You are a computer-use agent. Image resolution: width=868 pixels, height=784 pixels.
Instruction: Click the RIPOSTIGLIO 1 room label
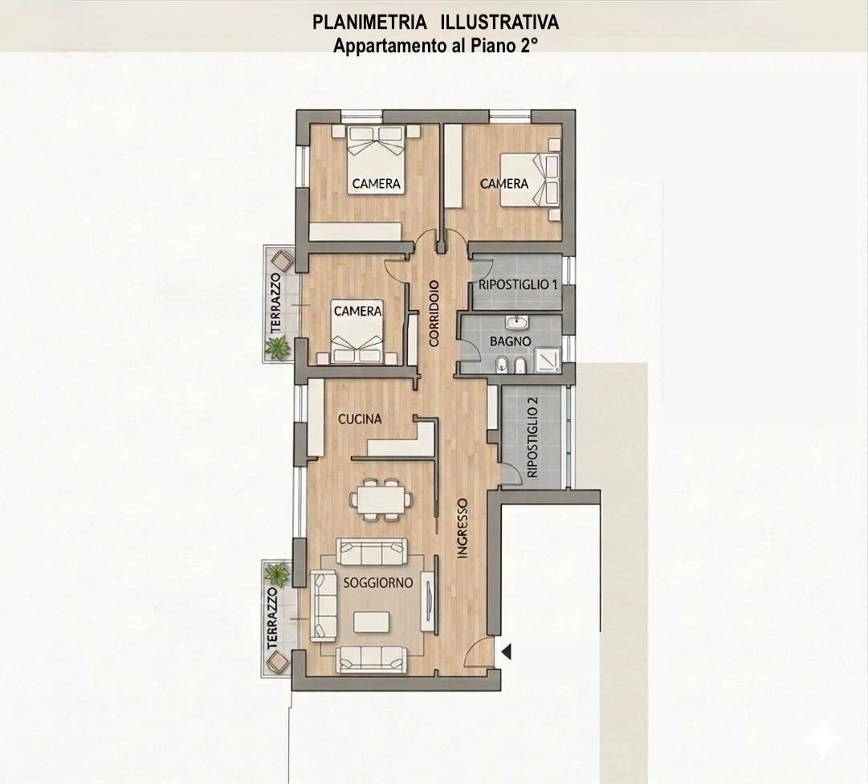pos(518,285)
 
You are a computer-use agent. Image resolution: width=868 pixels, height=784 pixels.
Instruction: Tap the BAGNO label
pos(510,341)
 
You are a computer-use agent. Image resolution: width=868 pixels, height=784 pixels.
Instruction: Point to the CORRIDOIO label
pos(434,313)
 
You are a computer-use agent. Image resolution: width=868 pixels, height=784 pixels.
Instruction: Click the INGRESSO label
pos(463,529)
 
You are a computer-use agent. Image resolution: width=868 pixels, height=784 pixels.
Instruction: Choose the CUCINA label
pos(360,419)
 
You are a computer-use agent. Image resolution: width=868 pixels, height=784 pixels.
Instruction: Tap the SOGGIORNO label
pos(378,583)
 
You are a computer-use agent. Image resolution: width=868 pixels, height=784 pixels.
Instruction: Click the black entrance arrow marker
pos(506,651)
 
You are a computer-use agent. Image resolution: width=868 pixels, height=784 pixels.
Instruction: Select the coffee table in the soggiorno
pos(371,622)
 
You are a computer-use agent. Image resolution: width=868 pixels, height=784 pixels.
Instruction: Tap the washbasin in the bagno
pos(518,321)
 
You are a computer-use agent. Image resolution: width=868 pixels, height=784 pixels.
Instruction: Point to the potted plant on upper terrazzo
pos(277,349)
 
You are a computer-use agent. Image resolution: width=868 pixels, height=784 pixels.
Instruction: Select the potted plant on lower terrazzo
pos(277,574)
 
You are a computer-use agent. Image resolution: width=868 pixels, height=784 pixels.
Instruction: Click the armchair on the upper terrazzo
pos(281,260)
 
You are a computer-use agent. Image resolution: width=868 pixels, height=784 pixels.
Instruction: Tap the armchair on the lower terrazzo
pos(277,662)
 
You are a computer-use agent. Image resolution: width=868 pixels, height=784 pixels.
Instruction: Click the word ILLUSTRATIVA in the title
pos(499,22)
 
